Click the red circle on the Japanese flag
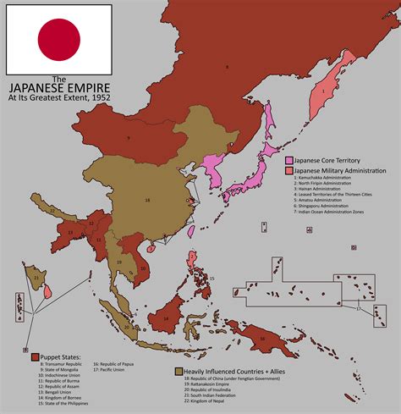(58, 39)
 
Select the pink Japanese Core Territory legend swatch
(288, 160)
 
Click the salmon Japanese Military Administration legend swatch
(288, 170)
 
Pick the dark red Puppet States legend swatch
(35, 356)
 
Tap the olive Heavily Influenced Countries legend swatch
(179, 371)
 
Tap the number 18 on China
(147, 200)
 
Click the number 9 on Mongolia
(128, 137)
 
